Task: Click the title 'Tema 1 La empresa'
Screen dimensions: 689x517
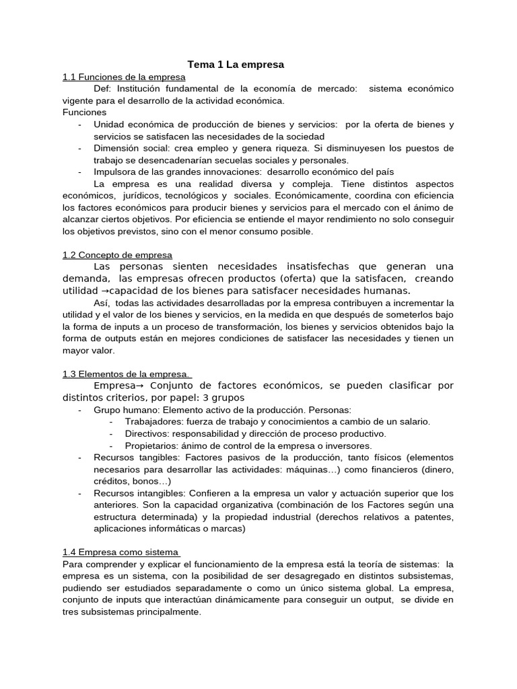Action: [x=236, y=65]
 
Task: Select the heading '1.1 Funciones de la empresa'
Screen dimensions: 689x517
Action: [x=124, y=77]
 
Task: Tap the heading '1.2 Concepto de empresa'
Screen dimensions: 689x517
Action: [x=117, y=255]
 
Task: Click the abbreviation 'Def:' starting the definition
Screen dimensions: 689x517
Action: [x=103, y=89]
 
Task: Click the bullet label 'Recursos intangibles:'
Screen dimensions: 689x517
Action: [x=135, y=493]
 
